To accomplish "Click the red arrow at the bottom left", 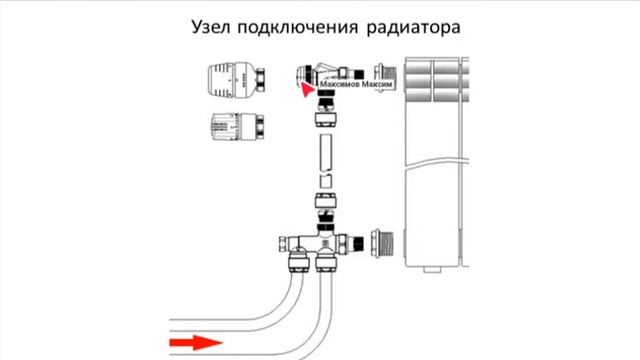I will (x=194, y=343).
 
